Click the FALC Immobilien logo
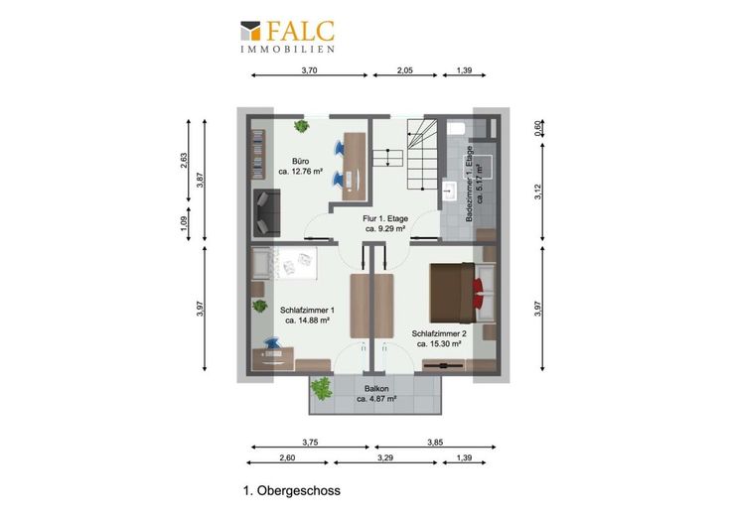[x=288, y=37]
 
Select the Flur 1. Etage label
[x=385, y=223]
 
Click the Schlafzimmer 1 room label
[x=307, y=315]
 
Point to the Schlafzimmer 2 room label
[x=439, y=338]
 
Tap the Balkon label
[x=376, y=394]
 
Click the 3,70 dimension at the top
[x=309, y=70]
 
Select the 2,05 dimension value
[x=404, y=70]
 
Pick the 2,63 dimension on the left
[x=183, y=161]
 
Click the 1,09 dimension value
[x=183, y=224]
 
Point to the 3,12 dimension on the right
[x=537, y=192]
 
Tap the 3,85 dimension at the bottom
[x=435, y=443]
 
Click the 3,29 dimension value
[x=385, y=457]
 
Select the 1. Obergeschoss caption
[x=292, y=491]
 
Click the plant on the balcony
[x=321, y=388]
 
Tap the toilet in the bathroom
[x=455, y=127]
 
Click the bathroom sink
[x=450, y=190]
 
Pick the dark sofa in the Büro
[x=266, y=212]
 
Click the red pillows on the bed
[x=479, y=294]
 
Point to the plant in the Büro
[x=301, y=126]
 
